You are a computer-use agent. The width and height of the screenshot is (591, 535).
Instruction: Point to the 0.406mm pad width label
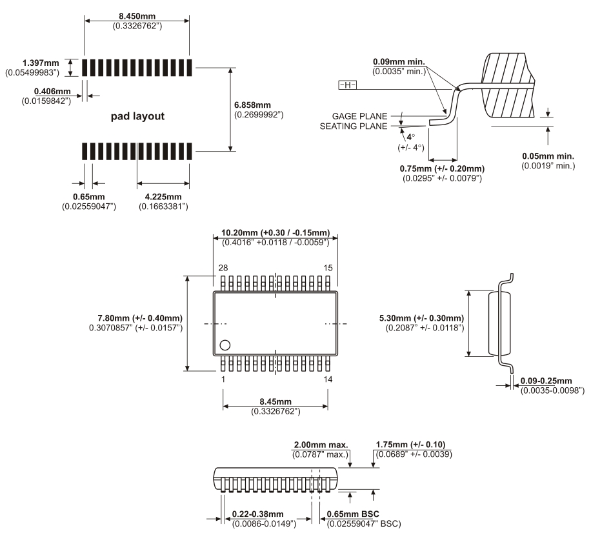53,92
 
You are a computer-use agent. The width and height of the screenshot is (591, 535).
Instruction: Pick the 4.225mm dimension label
163,196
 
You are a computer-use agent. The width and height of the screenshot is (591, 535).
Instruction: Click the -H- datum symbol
346,85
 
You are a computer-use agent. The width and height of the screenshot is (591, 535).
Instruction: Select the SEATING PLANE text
354,126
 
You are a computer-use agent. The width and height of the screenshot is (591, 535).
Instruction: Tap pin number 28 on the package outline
223,267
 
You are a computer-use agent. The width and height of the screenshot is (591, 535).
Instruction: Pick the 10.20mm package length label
275,232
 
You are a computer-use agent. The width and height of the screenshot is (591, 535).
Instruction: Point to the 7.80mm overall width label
139,318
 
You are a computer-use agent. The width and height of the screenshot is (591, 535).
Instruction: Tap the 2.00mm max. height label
321,445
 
